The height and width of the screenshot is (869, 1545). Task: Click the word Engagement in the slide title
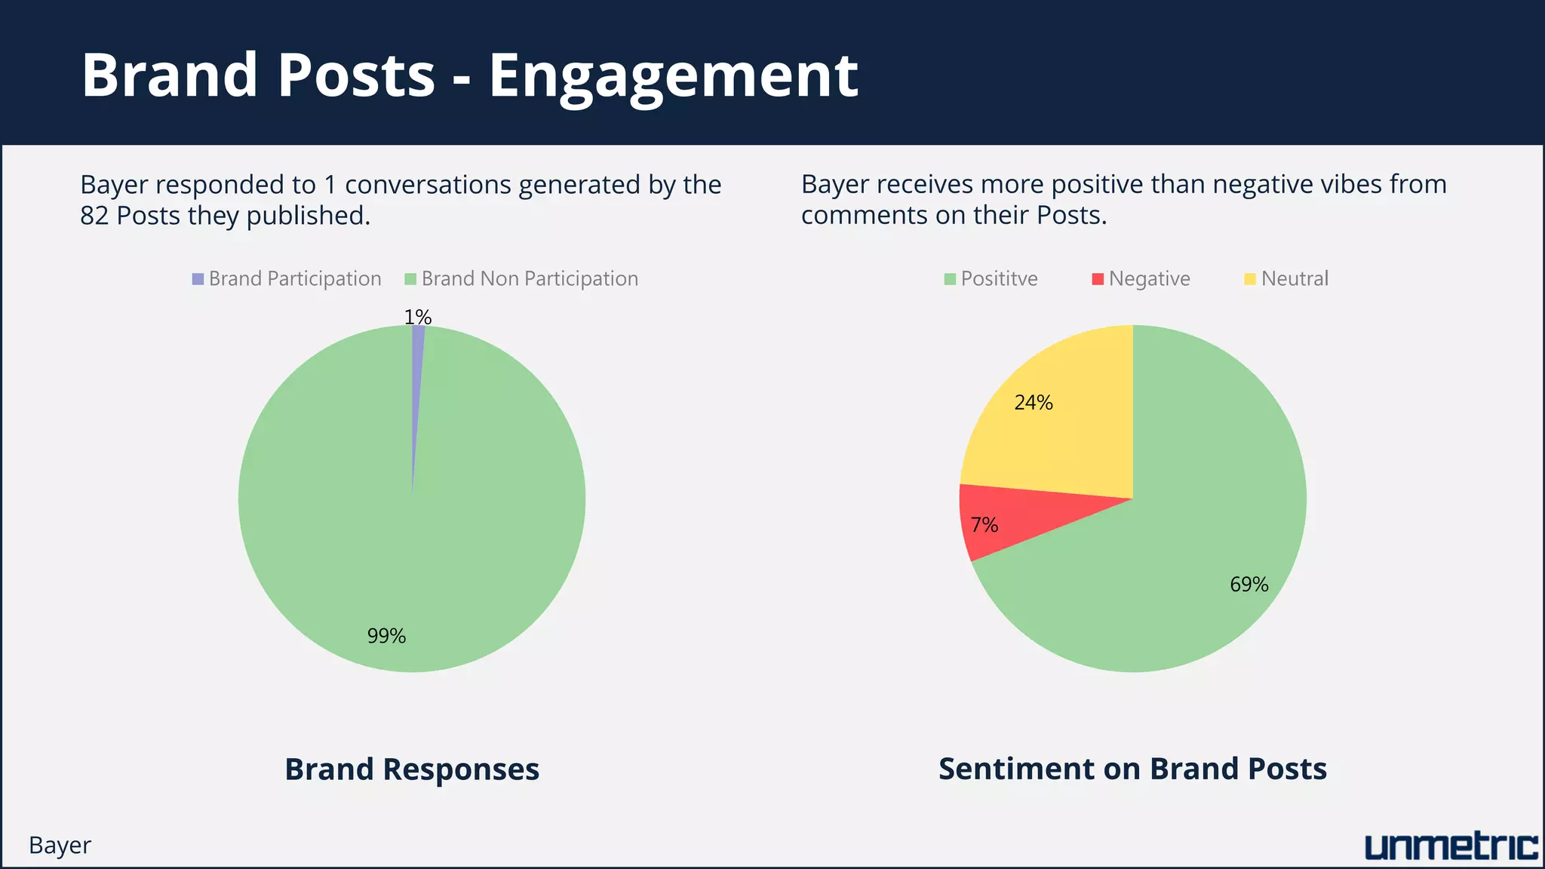point(673,75)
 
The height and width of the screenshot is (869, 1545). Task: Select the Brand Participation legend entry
point(287,279)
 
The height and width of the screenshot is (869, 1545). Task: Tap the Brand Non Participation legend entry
point(521,279)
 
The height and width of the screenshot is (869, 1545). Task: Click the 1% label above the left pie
point(417,317)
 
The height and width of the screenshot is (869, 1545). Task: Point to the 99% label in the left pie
point(386,636)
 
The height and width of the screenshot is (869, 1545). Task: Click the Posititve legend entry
point(991,279)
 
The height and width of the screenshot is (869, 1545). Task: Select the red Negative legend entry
point(1141,279)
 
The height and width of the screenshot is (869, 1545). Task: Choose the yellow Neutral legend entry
point(1286,279)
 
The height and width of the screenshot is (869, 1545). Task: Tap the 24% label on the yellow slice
point(1033,403)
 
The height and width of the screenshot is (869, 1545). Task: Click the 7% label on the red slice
point(984,525)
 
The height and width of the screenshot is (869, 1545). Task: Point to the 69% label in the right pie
point(1249,585)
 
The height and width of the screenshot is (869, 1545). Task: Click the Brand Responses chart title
point(412,769)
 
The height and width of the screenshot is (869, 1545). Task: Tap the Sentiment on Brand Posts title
point(1132,769)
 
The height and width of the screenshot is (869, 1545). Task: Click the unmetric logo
point(1451,846)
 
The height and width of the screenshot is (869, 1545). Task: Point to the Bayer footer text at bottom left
point(60,846)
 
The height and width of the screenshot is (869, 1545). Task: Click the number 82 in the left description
point(94,216)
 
